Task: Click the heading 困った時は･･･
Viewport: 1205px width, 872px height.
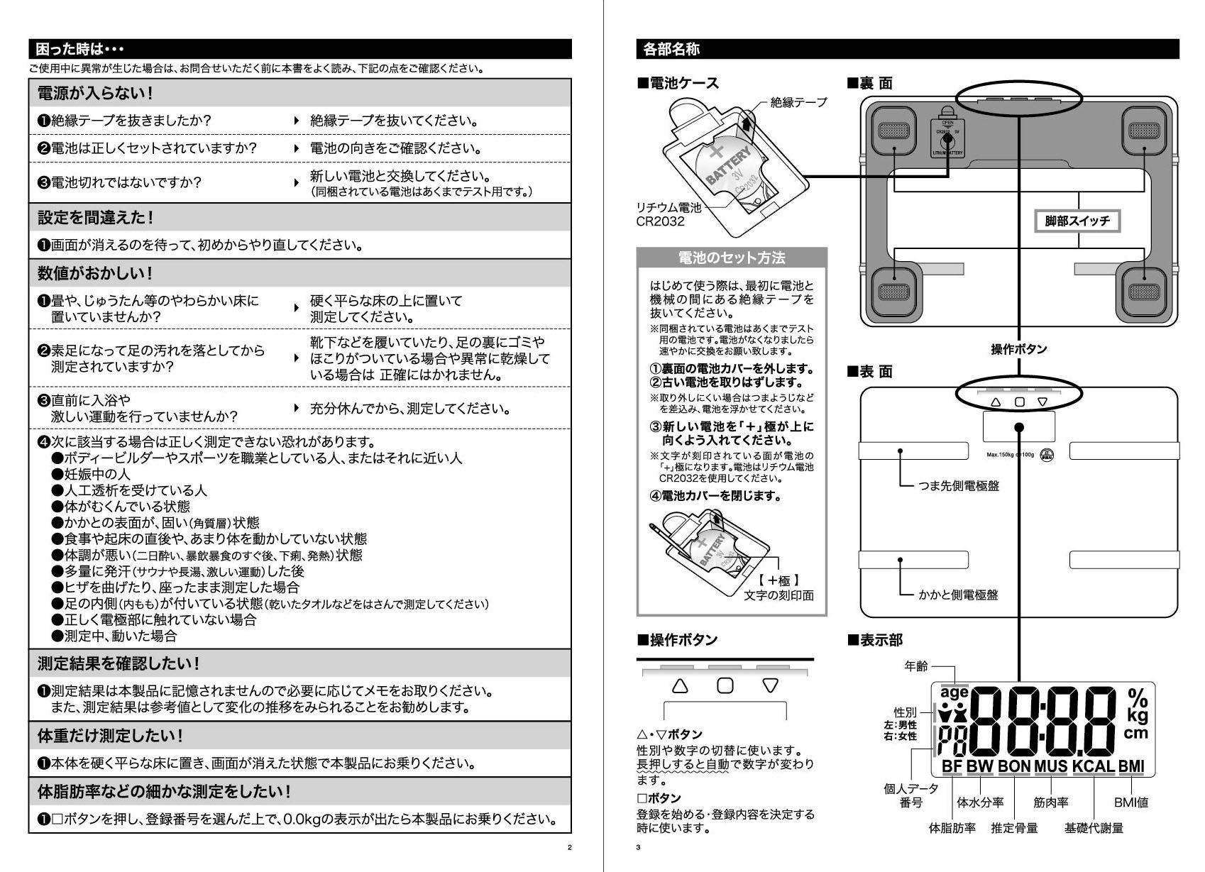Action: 79,49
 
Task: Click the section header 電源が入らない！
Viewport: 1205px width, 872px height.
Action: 95,93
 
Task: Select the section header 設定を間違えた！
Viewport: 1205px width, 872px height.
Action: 95,217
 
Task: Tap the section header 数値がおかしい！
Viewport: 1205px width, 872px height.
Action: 95,273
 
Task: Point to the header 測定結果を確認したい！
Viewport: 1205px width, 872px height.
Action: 119,663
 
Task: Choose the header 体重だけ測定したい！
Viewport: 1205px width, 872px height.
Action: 111,736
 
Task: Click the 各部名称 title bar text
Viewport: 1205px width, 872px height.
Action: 671,49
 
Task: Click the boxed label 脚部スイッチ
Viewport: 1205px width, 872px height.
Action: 1077,221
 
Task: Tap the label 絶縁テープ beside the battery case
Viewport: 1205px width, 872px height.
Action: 798,102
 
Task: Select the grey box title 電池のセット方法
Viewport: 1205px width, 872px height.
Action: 732,258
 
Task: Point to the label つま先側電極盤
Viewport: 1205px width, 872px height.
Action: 959,486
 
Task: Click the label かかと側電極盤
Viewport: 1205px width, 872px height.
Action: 958,595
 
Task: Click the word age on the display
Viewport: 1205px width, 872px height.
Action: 954,692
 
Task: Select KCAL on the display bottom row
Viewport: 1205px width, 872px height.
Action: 1093,766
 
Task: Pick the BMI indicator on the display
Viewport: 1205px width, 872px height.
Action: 1131,766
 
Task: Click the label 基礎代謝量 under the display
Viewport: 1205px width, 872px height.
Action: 1094,828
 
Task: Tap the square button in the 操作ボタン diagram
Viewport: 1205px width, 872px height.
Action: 725,686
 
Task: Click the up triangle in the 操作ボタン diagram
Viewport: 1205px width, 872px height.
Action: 680,686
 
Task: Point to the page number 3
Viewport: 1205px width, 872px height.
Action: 638,847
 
